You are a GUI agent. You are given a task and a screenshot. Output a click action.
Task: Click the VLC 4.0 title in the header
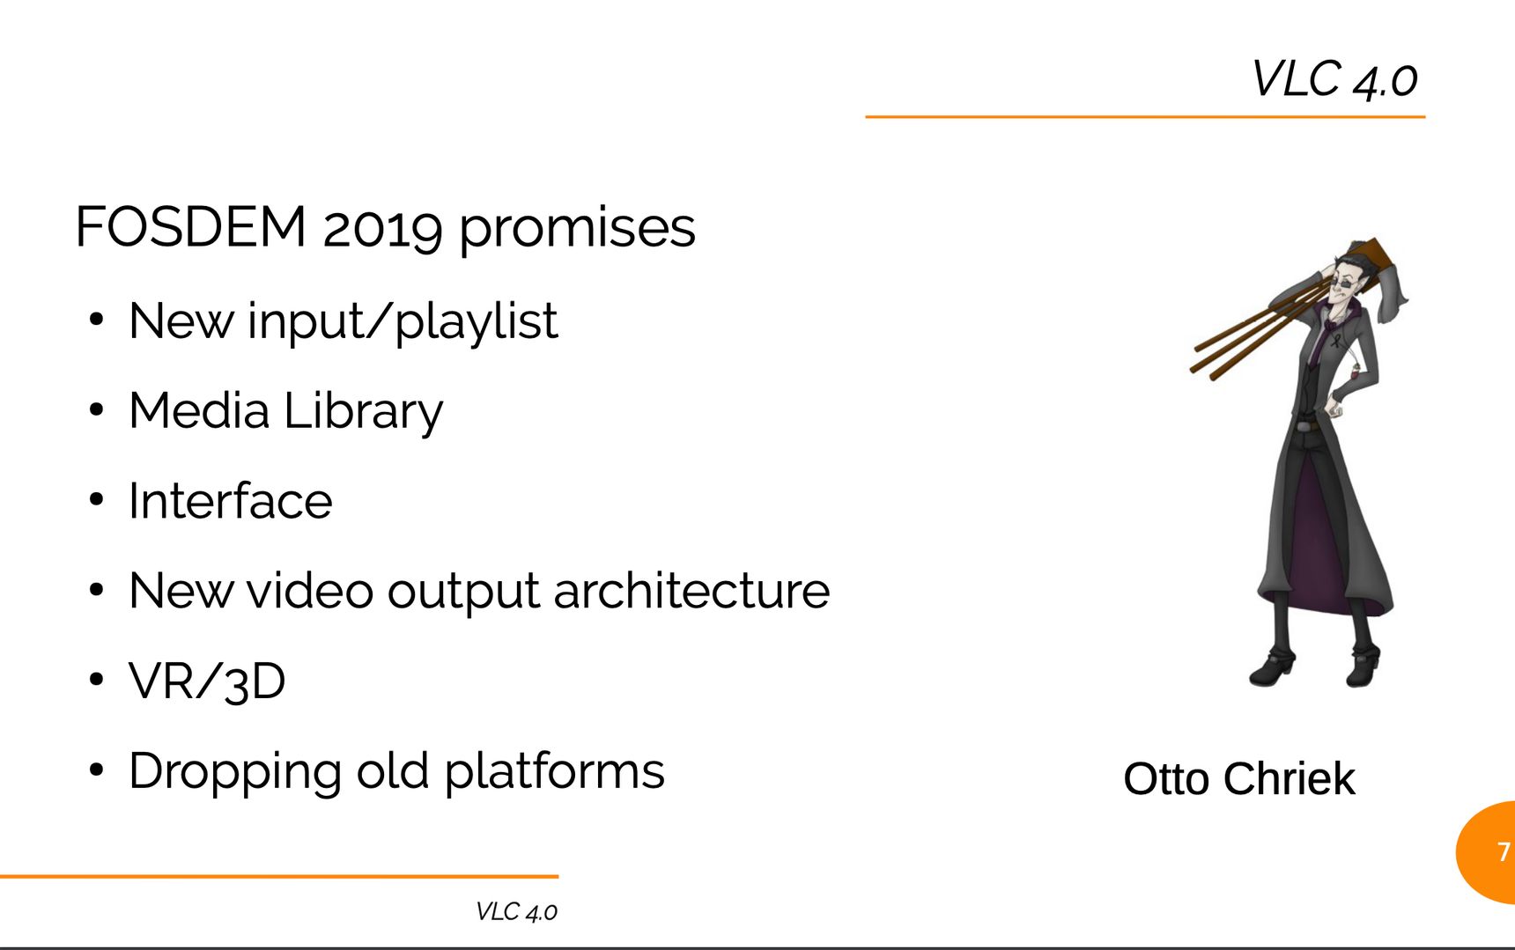[x=1334, y=79]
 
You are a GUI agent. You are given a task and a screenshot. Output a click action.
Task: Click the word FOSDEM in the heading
[x=191, y=226]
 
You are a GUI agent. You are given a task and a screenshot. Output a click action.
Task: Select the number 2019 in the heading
[x=382, y=229]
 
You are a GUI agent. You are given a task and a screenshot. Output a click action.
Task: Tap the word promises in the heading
[x=577, y=229]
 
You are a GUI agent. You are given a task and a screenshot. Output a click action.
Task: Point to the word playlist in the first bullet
[x=477, y=321]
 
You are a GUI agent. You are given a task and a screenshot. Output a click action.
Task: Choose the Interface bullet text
[x=231, y=501]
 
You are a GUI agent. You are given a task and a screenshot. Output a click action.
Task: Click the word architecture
[x=691, y=591]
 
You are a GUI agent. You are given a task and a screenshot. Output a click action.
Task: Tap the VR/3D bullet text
[x=207, y=681]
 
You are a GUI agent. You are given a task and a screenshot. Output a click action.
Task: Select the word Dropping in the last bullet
[x=235, y=772]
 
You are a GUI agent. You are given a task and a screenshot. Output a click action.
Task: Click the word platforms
[x=554, y=772]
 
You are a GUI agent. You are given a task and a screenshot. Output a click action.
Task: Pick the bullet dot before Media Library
[x=97, y=410]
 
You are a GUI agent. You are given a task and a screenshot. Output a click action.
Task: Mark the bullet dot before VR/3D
[x=97, y=681]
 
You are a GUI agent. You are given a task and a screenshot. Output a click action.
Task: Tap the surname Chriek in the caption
[x=1289, y=779]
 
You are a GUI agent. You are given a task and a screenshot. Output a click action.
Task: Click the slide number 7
[x=1504, y=851]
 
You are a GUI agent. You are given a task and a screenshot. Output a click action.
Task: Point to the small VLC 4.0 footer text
[x=516, y=911]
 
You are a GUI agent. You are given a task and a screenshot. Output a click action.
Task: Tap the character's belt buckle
[x=1312, y=426]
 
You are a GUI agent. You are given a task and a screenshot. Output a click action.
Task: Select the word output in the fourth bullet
[x=463, y=592]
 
